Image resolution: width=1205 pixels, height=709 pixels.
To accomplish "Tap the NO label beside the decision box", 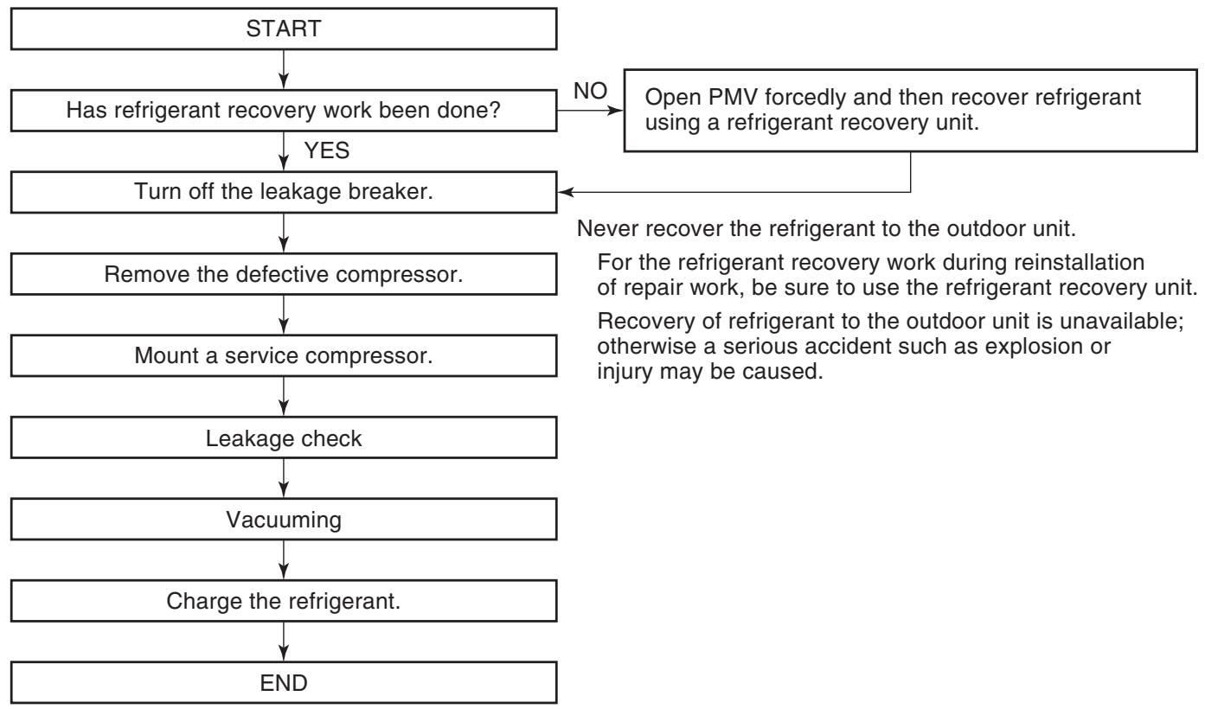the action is [590, 91].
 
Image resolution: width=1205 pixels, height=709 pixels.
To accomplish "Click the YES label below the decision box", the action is [326, 150].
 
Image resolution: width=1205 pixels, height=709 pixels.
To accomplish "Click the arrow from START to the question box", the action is [284, 70].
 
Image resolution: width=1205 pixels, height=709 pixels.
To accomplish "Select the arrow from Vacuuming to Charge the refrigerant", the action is [284, 560].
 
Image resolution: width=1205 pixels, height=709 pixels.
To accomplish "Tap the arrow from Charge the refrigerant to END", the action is [284, 642].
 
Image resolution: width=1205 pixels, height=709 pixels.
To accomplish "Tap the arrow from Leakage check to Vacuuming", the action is [284, 478].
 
